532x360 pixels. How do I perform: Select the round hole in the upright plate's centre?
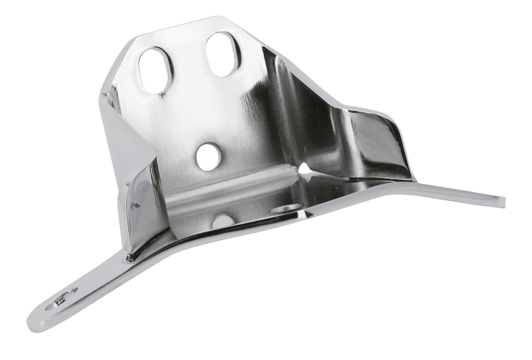point(207,157)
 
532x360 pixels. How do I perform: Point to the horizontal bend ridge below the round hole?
point(233,183)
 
